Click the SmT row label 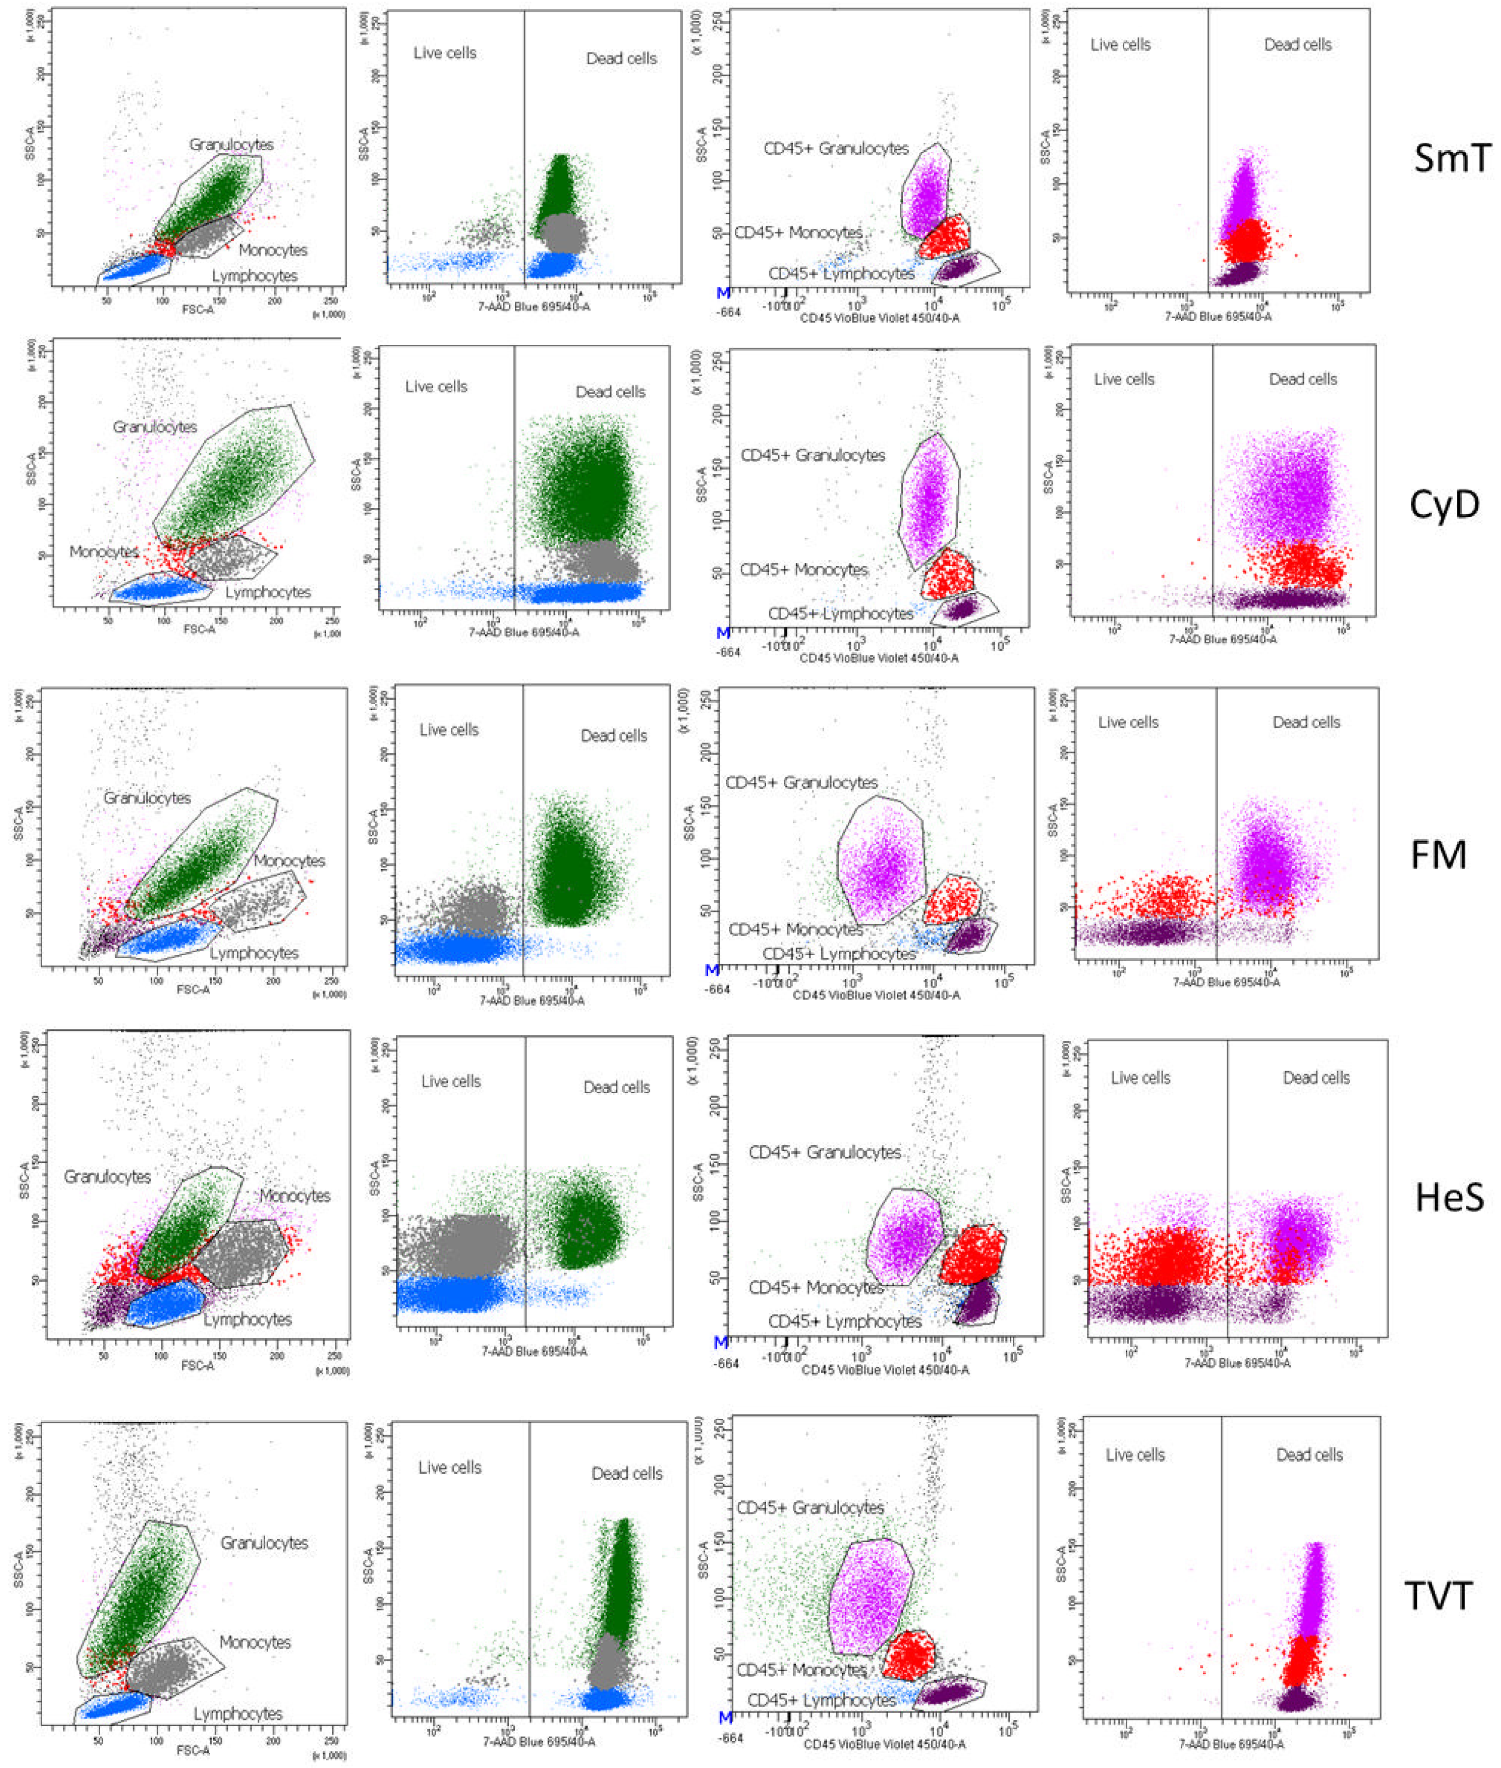[x=1452, y=158]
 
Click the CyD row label [x=1444, y=505]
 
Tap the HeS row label [x=1449, y=1199]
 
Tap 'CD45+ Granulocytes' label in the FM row [x=801, y=782]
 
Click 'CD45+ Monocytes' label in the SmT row [x=798, y=232]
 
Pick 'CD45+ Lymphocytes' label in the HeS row [x=844, y=1321]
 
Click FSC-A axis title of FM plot [x=193, y=991]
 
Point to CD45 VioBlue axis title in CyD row [x=878, y=658]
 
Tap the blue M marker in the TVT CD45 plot [x=725, y=1717]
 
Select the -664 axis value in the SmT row [x=729, y=312]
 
